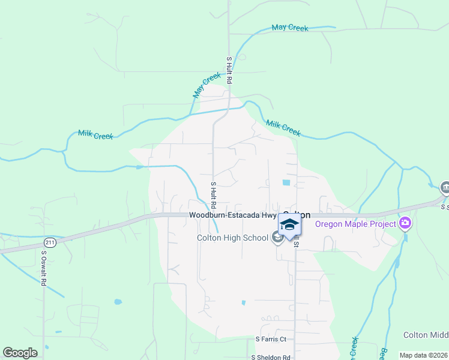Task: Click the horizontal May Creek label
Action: tap(289, 28)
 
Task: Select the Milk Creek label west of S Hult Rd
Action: tap(95, 136)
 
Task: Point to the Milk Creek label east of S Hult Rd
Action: tap(283, 127)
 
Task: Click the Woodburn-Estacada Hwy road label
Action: tap(232, 215)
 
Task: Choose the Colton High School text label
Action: tap(232, 238)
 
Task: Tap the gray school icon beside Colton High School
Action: tap(277, 238)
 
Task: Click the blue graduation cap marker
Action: tap(289, 225)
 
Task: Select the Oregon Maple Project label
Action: tap(356, 224)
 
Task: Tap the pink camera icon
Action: tap(405, 224)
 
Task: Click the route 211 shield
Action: tap(49, 242)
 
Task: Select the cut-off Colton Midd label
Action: tap(425, 335)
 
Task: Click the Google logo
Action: tap(20, 353)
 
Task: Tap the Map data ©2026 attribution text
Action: tap(423, 355)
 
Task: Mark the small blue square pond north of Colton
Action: tap(286, 182)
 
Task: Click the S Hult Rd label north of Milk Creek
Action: tap(229, 70)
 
